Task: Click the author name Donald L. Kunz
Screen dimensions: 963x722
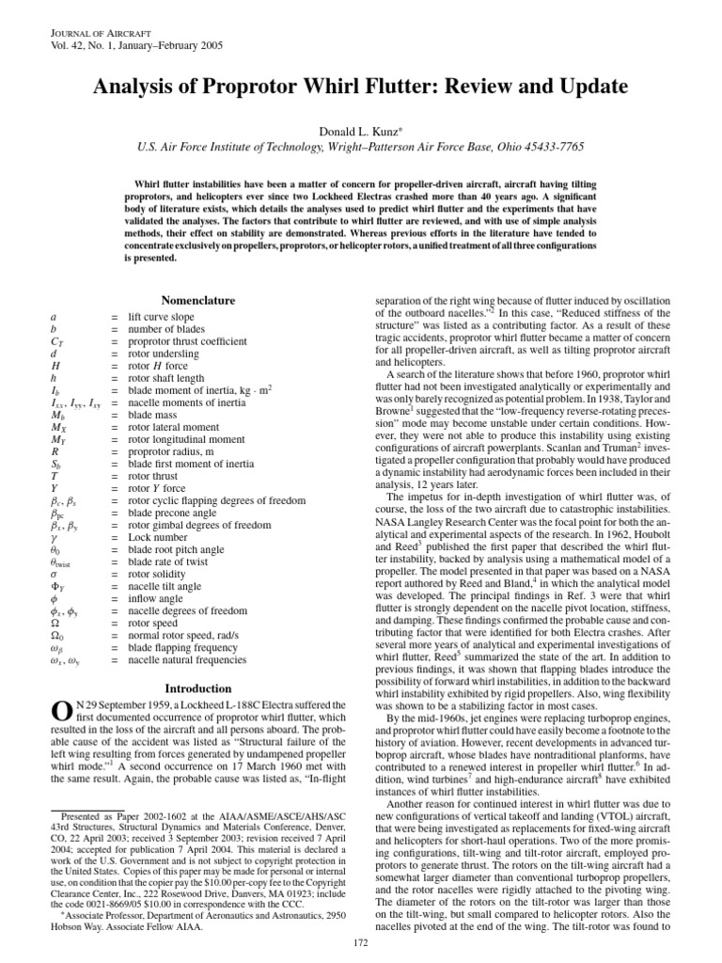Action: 360,128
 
